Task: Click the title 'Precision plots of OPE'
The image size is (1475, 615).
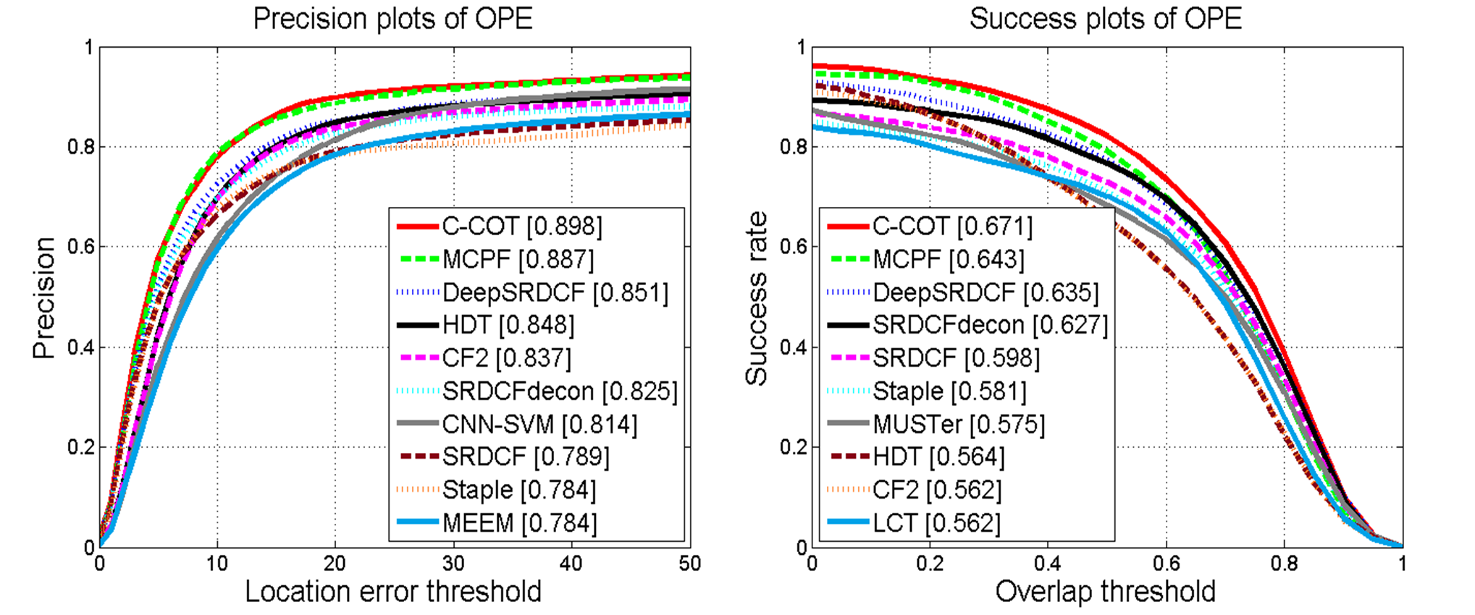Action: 392,19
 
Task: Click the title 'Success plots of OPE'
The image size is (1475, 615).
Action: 1106,19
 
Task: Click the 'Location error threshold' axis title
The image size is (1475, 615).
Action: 393,592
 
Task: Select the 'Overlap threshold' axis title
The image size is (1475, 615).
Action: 1105,592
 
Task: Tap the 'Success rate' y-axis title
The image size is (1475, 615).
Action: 757,298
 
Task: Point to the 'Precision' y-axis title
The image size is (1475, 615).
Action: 44,298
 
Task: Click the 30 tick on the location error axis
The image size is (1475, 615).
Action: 453,564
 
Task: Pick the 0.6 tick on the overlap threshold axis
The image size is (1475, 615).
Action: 1166,564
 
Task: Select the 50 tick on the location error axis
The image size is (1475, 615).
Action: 689,564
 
